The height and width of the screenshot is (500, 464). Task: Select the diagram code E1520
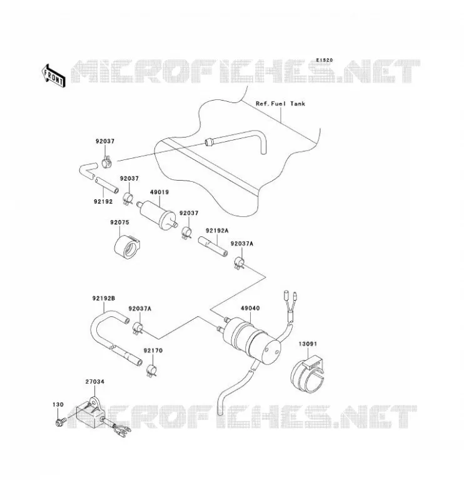(325, 60)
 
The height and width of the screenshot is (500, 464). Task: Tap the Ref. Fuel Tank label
(280, 104)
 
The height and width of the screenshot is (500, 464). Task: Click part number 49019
(159, 192)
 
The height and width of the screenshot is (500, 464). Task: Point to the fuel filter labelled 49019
(157, 214)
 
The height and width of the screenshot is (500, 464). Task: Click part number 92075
(119, 222)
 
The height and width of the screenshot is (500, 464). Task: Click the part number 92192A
(217, 231)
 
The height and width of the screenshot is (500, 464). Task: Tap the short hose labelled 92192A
(213, 246)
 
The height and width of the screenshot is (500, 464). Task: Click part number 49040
(250, 308)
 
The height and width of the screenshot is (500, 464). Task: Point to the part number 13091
(308, 344)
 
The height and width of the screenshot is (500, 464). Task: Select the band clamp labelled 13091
(307, 374)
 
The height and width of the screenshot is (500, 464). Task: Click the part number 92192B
(104, 299)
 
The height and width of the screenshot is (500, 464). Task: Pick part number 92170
(153, 351)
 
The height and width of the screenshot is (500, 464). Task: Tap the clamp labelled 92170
(151, 370)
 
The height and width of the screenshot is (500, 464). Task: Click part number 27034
(95, 382)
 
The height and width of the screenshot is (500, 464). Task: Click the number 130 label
(58, 404)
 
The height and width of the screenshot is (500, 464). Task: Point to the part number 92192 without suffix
(103, 201)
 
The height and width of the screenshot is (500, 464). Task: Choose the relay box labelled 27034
(90, 414)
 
